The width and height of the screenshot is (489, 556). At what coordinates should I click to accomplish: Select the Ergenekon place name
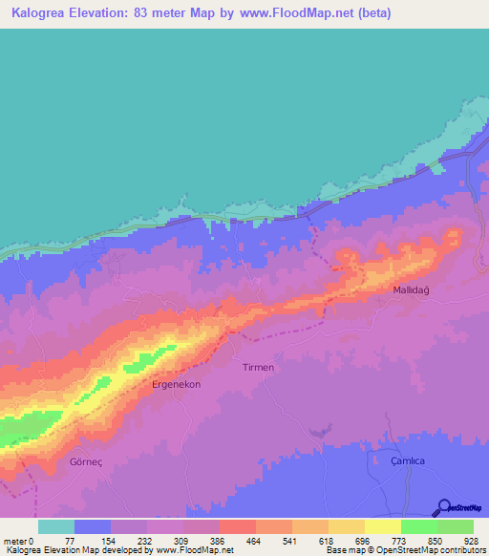tap(175, 384)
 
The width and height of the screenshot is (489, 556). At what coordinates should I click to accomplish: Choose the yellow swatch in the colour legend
tap(383, 526)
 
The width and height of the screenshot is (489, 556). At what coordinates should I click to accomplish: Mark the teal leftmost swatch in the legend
tap(55, 526)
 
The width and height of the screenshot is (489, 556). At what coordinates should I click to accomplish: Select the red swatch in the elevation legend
tap(237, 526)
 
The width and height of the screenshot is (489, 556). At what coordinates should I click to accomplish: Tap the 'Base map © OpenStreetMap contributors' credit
tap(405, 550)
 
